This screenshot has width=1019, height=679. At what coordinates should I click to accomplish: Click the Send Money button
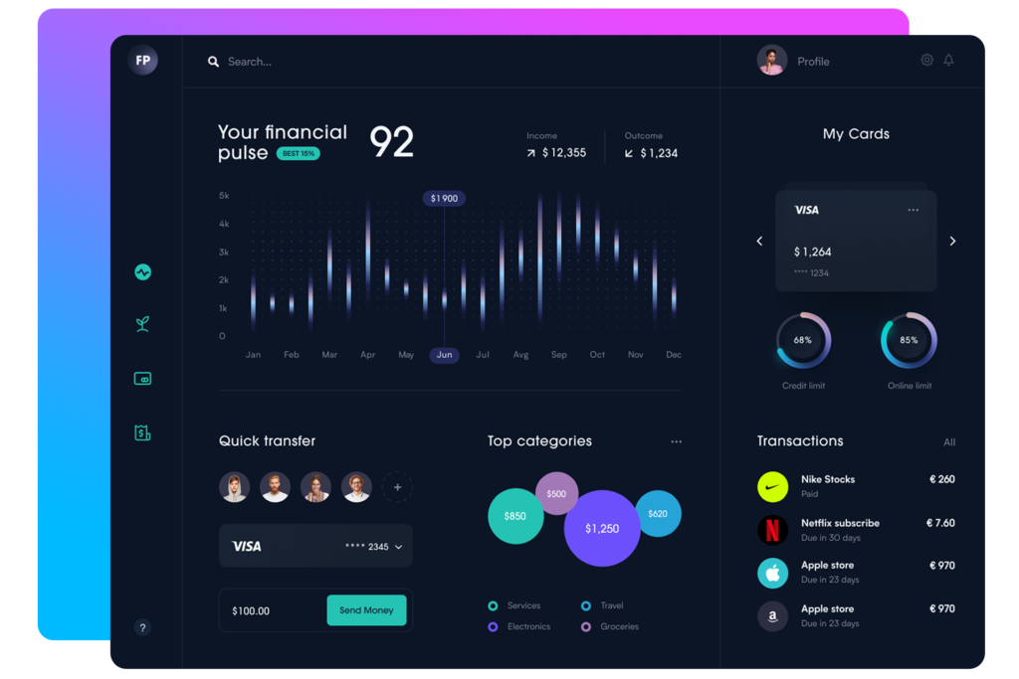[366, 610]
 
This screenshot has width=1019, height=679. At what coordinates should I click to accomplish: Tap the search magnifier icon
[213, 62]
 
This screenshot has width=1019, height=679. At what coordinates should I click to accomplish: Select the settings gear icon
[926, 60]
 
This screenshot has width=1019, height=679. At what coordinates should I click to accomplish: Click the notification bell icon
[948, 60]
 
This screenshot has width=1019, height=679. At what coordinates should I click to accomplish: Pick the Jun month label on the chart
[444, 355]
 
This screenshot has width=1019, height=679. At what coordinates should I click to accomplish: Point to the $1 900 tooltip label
[444, 199]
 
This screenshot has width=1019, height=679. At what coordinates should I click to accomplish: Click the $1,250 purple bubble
[601, 528]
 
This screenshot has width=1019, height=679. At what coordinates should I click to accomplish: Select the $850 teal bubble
[515, 516]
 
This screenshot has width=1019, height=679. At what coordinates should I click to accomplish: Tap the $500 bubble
[556, 493]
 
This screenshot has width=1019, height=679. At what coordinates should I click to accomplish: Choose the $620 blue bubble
[658, 514]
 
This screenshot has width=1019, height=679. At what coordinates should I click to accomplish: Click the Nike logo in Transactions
[772, 486]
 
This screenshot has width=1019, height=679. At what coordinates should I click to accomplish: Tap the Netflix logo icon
[772, 530]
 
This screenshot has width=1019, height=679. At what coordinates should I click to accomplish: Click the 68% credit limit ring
[803, 341]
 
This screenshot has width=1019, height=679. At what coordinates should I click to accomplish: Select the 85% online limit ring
[909, 341]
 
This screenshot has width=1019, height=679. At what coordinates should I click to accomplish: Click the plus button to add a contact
[397, 487]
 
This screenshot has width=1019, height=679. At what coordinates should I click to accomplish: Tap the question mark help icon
[142, 627]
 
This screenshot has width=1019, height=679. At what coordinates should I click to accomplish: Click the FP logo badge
[143, 61]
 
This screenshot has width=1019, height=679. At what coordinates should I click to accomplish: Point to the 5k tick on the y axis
[224, 196]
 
